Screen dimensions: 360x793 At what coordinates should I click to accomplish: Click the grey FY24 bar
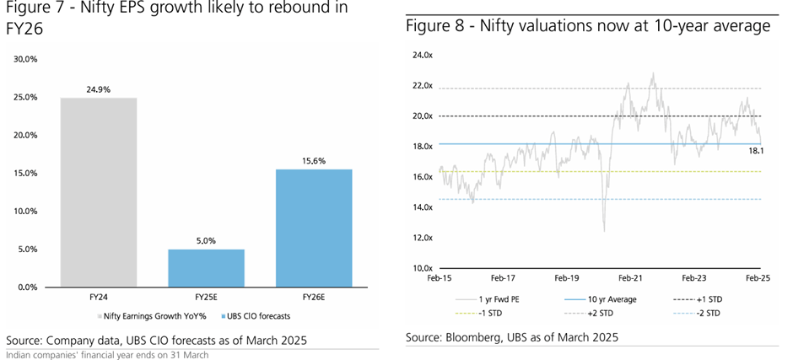(98, 192)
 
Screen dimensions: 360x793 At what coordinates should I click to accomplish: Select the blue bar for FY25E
(207, 268)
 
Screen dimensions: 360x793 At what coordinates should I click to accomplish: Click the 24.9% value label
(98, 88)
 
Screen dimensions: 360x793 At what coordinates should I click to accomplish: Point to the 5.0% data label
(207, 240)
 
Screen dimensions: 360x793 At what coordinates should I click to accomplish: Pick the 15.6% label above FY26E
(315, 159)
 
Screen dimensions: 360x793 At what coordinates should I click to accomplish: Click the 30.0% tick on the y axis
(25, 59)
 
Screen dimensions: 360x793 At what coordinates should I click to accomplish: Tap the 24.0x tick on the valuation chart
(422, 56)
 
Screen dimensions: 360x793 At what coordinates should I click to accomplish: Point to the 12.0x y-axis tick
(422, 239)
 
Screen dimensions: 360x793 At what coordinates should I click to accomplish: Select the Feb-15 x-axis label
(440, 277)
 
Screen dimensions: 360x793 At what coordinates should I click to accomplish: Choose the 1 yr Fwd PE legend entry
(497, 299)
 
